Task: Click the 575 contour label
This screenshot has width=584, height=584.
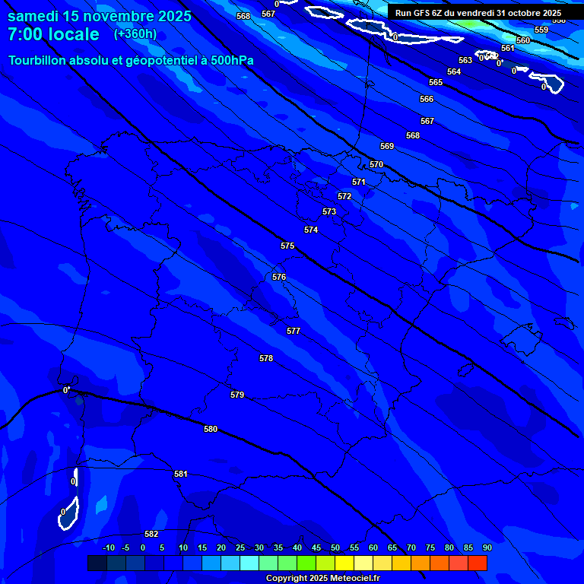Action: click(287, 246)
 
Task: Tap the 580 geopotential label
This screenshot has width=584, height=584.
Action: click(211, 429)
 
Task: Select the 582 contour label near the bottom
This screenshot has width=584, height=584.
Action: click(151, 534)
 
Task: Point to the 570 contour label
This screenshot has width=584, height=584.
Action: click(376, 164)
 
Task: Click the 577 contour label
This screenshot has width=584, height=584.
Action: click(294, 331)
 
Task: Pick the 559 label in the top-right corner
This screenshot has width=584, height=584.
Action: click(541, 30)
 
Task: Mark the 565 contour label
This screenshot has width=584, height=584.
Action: click(436, 82)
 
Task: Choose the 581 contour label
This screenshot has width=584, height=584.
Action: click(180, 474)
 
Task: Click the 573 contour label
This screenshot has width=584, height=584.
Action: click(329, 211)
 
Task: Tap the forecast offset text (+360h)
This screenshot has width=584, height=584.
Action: click(135, 33)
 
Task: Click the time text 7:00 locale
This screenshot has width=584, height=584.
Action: click(53, 34)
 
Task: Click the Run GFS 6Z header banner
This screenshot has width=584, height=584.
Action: click(478, 13)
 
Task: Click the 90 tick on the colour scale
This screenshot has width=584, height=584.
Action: click(487, 547)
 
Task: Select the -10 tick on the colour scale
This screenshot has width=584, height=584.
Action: click(109, 547)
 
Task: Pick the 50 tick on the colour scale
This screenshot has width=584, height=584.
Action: click(335, 547)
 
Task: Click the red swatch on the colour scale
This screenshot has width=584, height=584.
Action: click(477, 563)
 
